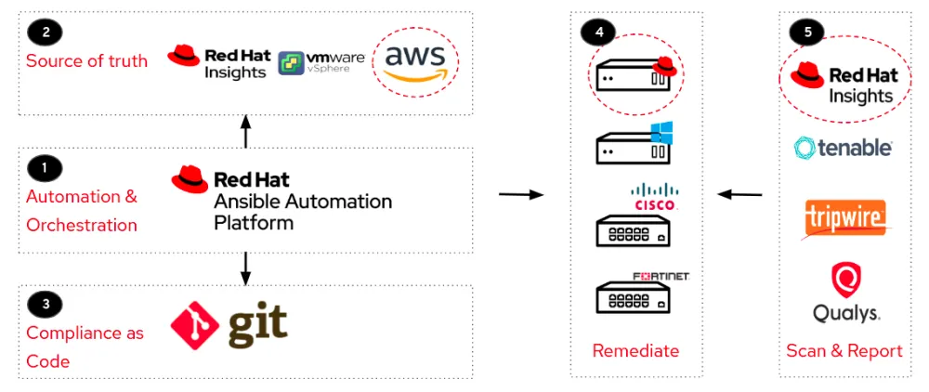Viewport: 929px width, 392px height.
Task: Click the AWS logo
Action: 414,63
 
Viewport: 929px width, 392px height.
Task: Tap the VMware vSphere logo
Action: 321,63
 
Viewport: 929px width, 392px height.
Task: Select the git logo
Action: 229,325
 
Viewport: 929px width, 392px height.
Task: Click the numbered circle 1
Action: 43,168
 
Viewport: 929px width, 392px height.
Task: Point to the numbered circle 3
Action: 43,304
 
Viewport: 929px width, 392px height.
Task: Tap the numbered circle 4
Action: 597,32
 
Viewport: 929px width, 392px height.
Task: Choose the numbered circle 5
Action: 805,32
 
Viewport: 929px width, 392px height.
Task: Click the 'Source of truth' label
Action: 86,61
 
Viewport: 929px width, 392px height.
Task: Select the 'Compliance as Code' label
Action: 85,345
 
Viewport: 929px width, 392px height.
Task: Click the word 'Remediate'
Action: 635,350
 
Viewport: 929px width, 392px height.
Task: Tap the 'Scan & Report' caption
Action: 844,350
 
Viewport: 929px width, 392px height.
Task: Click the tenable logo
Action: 843,147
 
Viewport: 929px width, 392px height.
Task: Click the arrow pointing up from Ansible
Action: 245,131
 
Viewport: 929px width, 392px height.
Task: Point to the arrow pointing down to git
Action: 245,267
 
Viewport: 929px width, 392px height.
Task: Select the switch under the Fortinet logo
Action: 633,298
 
